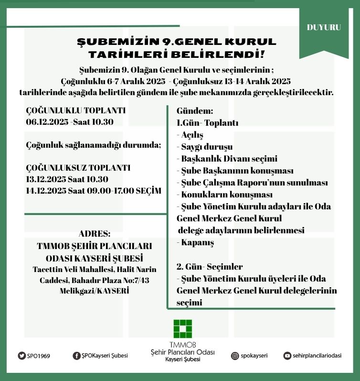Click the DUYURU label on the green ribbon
tap(324, 27)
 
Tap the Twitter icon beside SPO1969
tap(21, 356)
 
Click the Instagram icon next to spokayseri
tap(235, 356)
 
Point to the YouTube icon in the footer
tap(287, 356)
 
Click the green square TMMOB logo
tap(182, 329)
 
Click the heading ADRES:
tap(95, 234)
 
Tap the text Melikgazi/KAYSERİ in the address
tap(95, 291)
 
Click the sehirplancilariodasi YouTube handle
tap(318, 356)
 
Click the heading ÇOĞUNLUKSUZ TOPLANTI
tap(78, 168)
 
